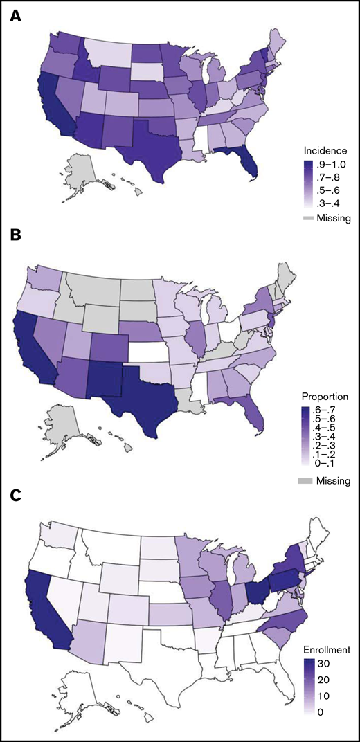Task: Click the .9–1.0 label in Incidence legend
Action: (334, 163)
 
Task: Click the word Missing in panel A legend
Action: (334, 218)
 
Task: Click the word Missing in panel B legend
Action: (334, 480)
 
